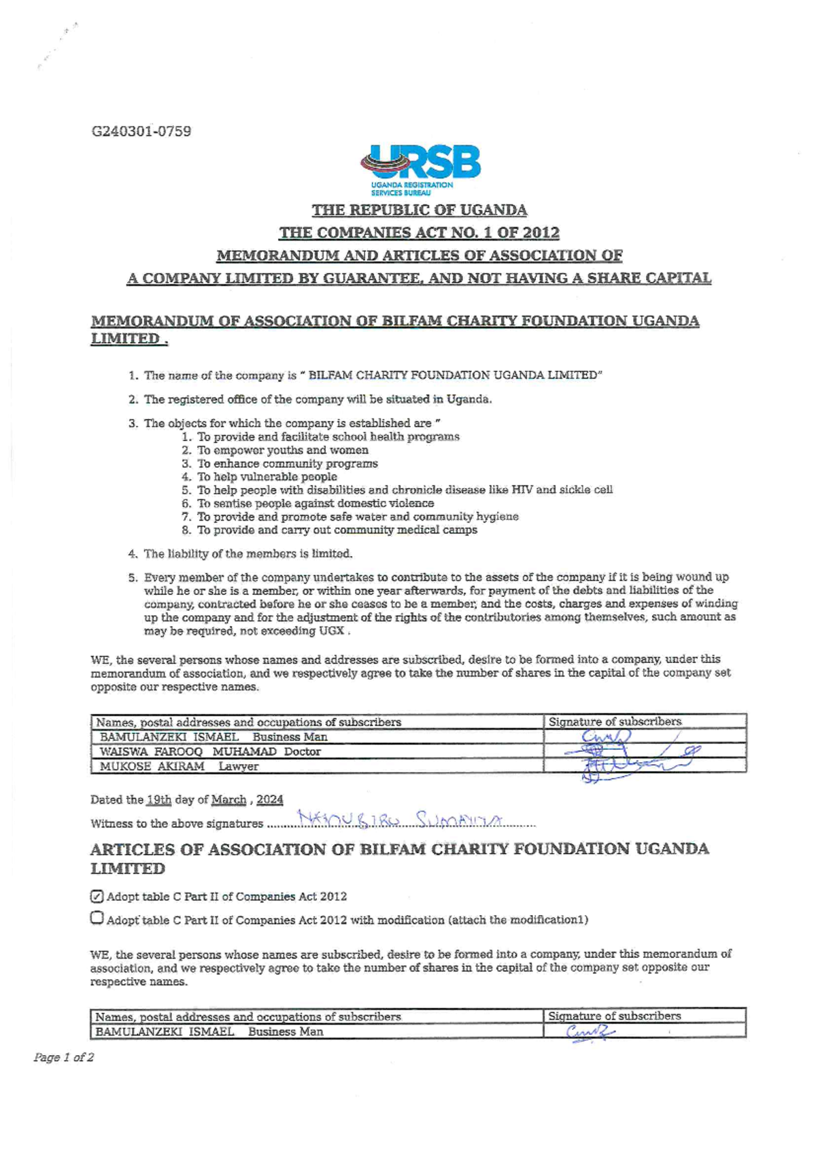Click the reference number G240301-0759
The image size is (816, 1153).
click(x=141, y=131)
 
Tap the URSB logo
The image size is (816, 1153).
click(x=421, y=169)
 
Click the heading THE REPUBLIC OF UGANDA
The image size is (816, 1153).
click(x=419, y=210)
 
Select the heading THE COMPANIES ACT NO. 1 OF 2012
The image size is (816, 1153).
click(x=419, y=233)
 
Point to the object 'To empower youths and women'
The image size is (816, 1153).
click(x=282, y=450)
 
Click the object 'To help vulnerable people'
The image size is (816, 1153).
click(x=267, y=477)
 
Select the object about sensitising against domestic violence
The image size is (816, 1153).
click(x=315, y=503)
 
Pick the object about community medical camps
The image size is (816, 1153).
click(x=337, y=530)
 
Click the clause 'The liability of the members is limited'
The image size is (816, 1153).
click(x=248, y=553)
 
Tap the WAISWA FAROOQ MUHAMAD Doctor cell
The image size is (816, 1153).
click(x=210, y=751)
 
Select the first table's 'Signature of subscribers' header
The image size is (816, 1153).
click(x=615, y=721)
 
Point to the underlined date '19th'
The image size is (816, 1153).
click(x=158, y=799)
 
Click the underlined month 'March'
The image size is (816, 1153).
click(x=228, y=799)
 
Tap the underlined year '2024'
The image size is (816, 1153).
click(x=269, y=799)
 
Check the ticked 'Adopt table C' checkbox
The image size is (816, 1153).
click(x=97, y=896)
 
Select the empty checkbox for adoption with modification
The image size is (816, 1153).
click(x=97, y=918)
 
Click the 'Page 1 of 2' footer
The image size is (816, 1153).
click(x=64, y=1057)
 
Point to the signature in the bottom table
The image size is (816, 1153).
click(x=590, y=1032)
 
